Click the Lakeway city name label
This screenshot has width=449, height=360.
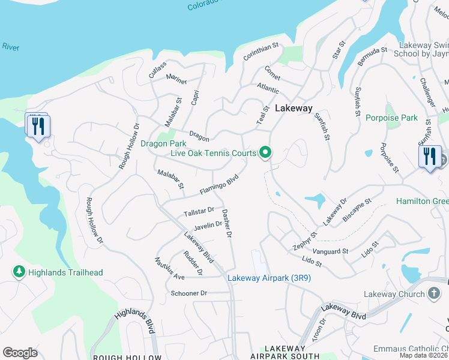[x=294, y=109]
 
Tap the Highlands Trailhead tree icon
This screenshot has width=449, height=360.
[x=19, y=272]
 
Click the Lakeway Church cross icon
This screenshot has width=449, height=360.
[x=435, y=294]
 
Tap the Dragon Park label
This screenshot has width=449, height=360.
[x=163, y=143]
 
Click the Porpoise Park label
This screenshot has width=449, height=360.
[x=391, y=118]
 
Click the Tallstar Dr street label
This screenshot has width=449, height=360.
[x=199, y=212]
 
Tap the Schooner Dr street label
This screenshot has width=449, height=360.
[x=188, y=293]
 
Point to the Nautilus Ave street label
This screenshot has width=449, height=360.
[x=169, y=268]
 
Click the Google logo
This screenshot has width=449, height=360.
[x=20, y=353]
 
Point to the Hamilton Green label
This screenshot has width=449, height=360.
[x=422, y=202]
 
